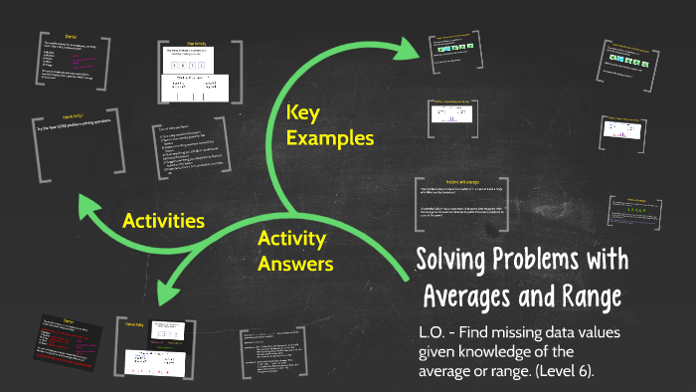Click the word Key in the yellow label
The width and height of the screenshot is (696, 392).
point(304,113)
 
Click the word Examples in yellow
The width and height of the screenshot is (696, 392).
point(330,138)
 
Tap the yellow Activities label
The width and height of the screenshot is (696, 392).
point(163,219)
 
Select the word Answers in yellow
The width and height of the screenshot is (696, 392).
point(295,264)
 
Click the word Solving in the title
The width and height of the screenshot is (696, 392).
point(453,262)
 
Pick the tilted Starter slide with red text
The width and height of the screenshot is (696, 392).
point(70,343)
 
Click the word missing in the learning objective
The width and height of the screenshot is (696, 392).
point(527,333)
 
